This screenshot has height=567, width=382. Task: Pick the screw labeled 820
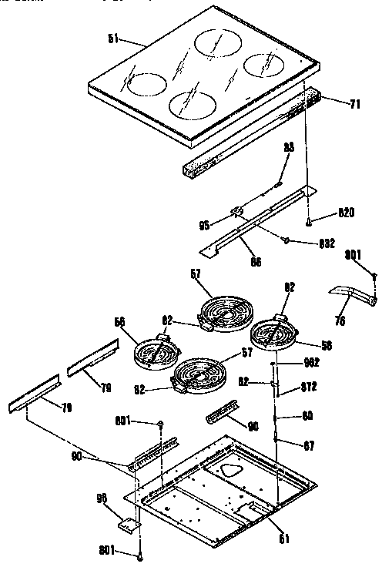(x=308, y=222)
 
